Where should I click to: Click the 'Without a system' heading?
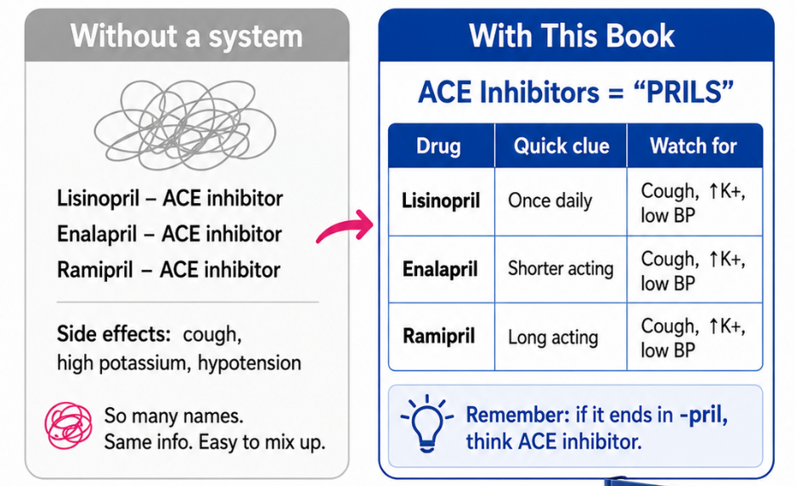(x=186, y=36)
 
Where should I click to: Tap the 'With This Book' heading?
(x=572, y=36)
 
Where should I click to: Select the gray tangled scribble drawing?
(x=185, y=125)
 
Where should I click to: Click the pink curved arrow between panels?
(x=345, y=226)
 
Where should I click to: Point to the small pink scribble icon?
(x=69, y=426)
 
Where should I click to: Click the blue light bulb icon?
(x=427, y=422)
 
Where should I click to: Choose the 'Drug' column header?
(x=438, y=146)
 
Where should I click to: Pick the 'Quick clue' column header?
(x=561, y=146)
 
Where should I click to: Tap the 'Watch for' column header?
(x=693, y=146)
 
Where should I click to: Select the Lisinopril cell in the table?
(x=441, y=201)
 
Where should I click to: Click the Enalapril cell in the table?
(x=440, y=268)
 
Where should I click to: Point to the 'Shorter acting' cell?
(x=561, y=268)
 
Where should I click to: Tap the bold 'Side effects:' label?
(x=114, y=334)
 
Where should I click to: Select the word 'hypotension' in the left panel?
(x=250, y=364)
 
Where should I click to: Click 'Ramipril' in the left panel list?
(x=95, y=270)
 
